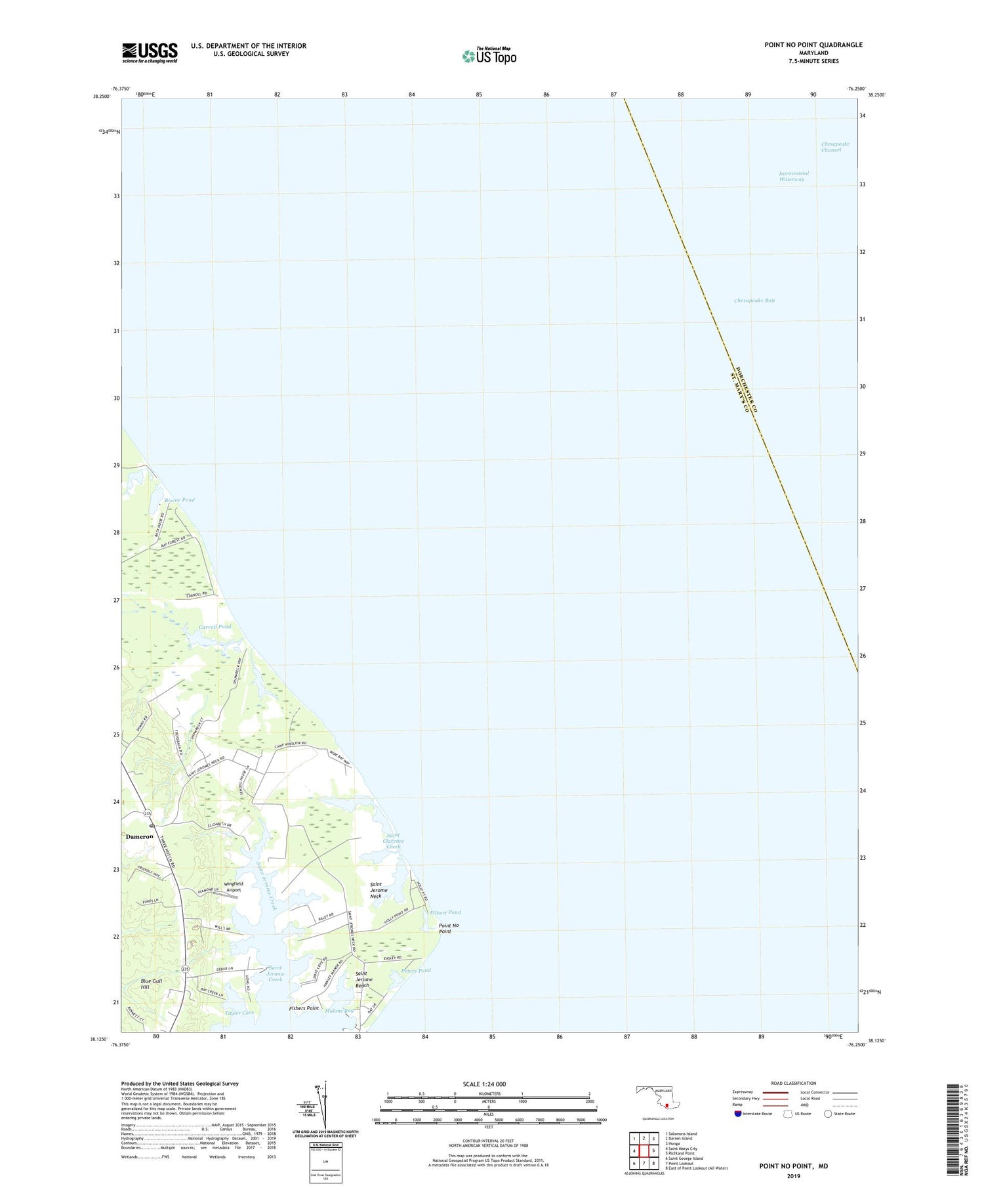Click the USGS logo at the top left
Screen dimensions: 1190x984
pyautogui.click(x=150, y=53)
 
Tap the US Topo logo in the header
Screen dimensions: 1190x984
pyautogui.click(x=489, y=56)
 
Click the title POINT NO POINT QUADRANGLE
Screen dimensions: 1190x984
pyautogui.click(x=813, y=45)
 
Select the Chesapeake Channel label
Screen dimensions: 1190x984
pyautogui.click(x=835, y=147)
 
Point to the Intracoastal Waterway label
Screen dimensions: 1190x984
pyautogui.click(x=794, y=176)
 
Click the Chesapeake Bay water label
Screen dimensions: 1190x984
pyautogui.click(x=754, y=301)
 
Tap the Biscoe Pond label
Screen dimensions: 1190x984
pyautogui.click(x=180, y=500)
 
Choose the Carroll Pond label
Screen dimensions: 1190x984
pyautogui.click(x=215, y=627)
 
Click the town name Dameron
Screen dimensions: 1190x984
pyautogui.click(x=140, y=837)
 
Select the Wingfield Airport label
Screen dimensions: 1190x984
pyautogui.click(x=233, y=886)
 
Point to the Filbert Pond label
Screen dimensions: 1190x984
pyautogui.click(x=445, y=912)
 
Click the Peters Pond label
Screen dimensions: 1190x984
pyautogui.click(x=416, y=971)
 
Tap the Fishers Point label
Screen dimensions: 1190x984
pyautogui.click(x=304, y=1008)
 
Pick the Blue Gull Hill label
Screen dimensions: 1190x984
pyautogui.click(x=151, y=983)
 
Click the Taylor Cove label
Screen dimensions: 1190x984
pyautogui.click(x=239, y=1013)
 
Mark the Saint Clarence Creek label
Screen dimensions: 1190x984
pyautogui.click(x=394, y=841)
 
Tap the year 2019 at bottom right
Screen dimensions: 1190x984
pyautogui.click(x=793, y=1177)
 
